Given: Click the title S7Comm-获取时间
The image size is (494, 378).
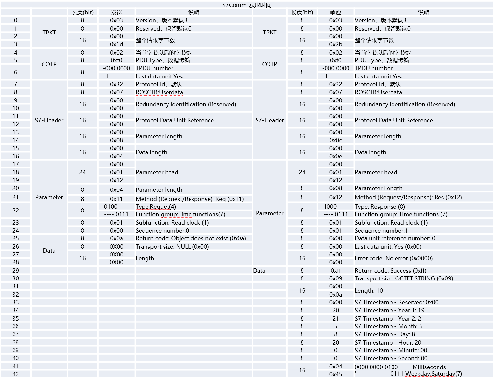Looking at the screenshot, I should click(x=247, y=5).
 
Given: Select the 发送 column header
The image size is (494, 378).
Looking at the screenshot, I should click(x=116, y=12).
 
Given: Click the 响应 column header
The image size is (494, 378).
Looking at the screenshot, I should click(x=335, y=12).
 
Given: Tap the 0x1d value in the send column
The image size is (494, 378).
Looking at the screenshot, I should click(x=116, y=44).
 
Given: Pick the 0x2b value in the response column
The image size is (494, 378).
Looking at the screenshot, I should click(x=335, y=44).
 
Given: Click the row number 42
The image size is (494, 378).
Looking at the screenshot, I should click(x=15, y=374).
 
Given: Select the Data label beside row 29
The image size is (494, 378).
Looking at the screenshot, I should click(x=259, y=271).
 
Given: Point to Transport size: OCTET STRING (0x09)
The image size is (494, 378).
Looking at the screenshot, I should click(x=404, y=278).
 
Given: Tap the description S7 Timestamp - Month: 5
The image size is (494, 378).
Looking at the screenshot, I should click(x=388, y=326).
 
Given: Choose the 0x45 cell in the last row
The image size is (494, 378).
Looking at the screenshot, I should click(x=335, y=374).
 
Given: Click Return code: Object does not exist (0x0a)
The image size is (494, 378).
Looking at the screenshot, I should click(x=191, y=238).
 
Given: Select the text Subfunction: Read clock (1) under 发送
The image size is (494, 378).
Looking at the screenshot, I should click(x=172, y=223).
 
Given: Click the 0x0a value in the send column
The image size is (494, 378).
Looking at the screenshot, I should click(x=116, y=238).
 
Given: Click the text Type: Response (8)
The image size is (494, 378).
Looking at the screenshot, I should click(x=380, y=207).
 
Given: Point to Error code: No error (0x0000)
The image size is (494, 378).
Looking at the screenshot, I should click(x=393, y=258).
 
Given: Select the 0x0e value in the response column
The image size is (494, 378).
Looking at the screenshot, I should click(x=335, y=156).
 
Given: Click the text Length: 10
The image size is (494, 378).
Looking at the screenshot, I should click(x=369, y=291).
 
